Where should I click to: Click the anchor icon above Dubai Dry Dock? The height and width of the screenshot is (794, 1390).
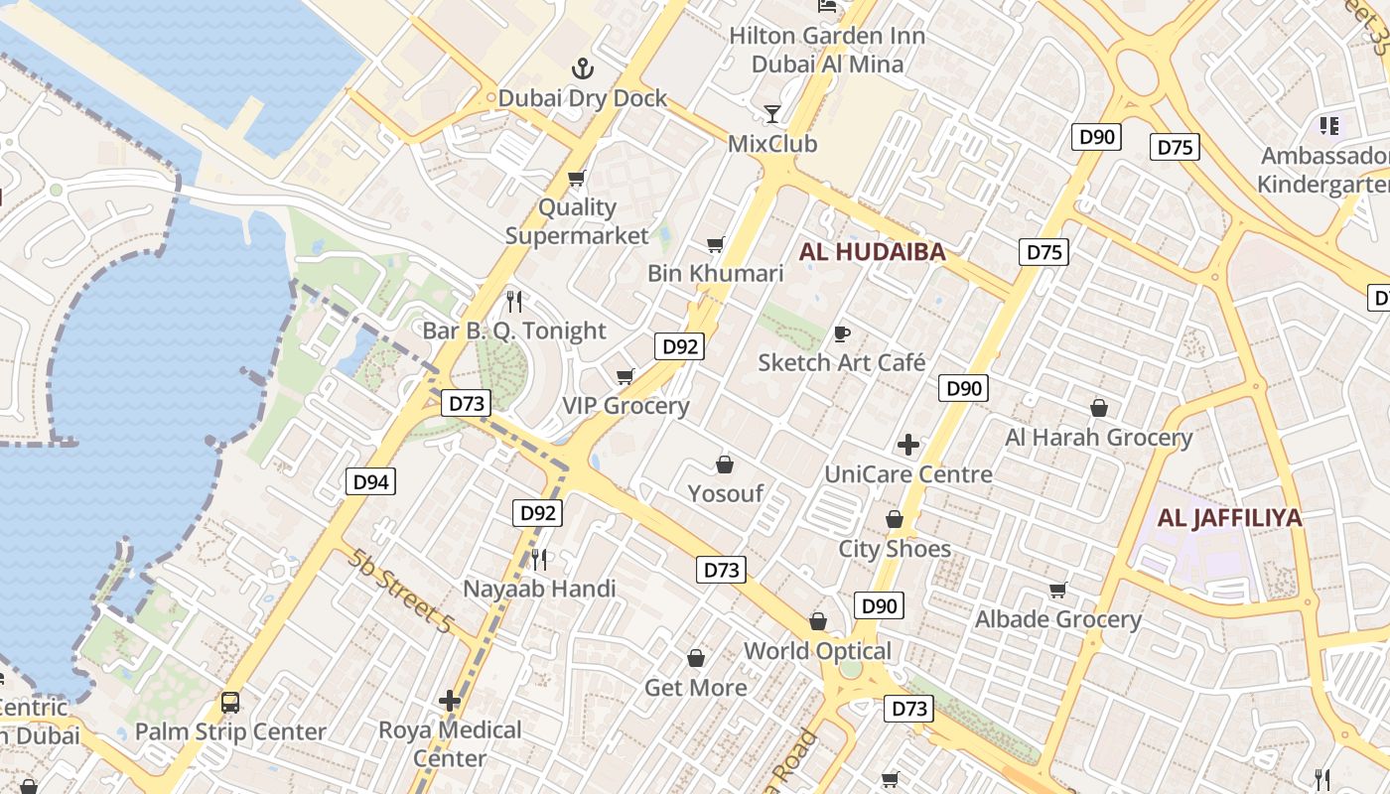click(583, 68)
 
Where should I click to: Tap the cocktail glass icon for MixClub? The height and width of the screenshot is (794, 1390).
click(772, 114)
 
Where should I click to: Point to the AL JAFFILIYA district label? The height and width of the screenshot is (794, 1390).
click(1229, 517)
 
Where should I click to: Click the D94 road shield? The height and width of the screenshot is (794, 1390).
click(371, 482)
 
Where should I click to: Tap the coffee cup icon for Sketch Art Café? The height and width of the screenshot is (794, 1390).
click(842, 333)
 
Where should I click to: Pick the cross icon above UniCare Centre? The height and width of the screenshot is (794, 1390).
click(907, 445)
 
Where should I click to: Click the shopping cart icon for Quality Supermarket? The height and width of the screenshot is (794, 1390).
click(576, 179)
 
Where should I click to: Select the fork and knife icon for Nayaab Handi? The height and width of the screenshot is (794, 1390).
click(539, 559)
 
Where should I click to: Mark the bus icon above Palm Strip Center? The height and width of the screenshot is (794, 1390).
click(230, 703)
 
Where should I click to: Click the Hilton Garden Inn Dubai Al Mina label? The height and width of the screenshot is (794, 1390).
click(827, 50)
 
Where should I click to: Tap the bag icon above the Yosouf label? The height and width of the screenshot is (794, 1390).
click(725, 464)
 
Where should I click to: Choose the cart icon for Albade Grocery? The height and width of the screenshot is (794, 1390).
click(1058, 591)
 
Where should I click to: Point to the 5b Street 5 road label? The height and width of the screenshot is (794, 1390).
click(400, 591)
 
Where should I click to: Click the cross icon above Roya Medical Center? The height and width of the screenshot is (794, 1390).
click(450, 701)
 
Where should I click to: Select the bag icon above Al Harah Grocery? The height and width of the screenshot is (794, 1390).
click(1099, 408)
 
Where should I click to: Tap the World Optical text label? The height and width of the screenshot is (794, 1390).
click(818, 651)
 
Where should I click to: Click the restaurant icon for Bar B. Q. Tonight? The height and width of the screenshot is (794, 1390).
click(513, 301)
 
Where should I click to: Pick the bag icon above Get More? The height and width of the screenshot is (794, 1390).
click(696, 658)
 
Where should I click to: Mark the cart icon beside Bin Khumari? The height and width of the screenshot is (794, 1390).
click(715, 244)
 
